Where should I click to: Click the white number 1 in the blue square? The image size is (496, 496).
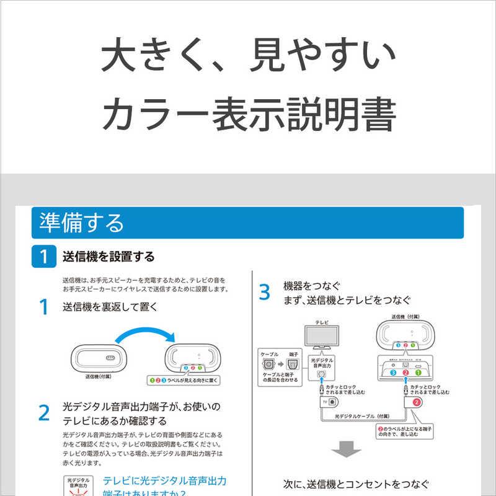coord(44,256)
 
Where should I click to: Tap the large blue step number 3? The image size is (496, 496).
coord(265,293)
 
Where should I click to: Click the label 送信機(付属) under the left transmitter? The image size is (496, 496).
coord(99,376)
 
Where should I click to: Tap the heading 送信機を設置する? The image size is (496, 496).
coord(108,257)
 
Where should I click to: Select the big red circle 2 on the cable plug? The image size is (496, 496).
coord(418,402)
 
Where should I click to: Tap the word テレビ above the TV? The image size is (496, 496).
coord(322,323)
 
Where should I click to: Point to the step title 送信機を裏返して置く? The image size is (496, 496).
coord(110,307)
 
